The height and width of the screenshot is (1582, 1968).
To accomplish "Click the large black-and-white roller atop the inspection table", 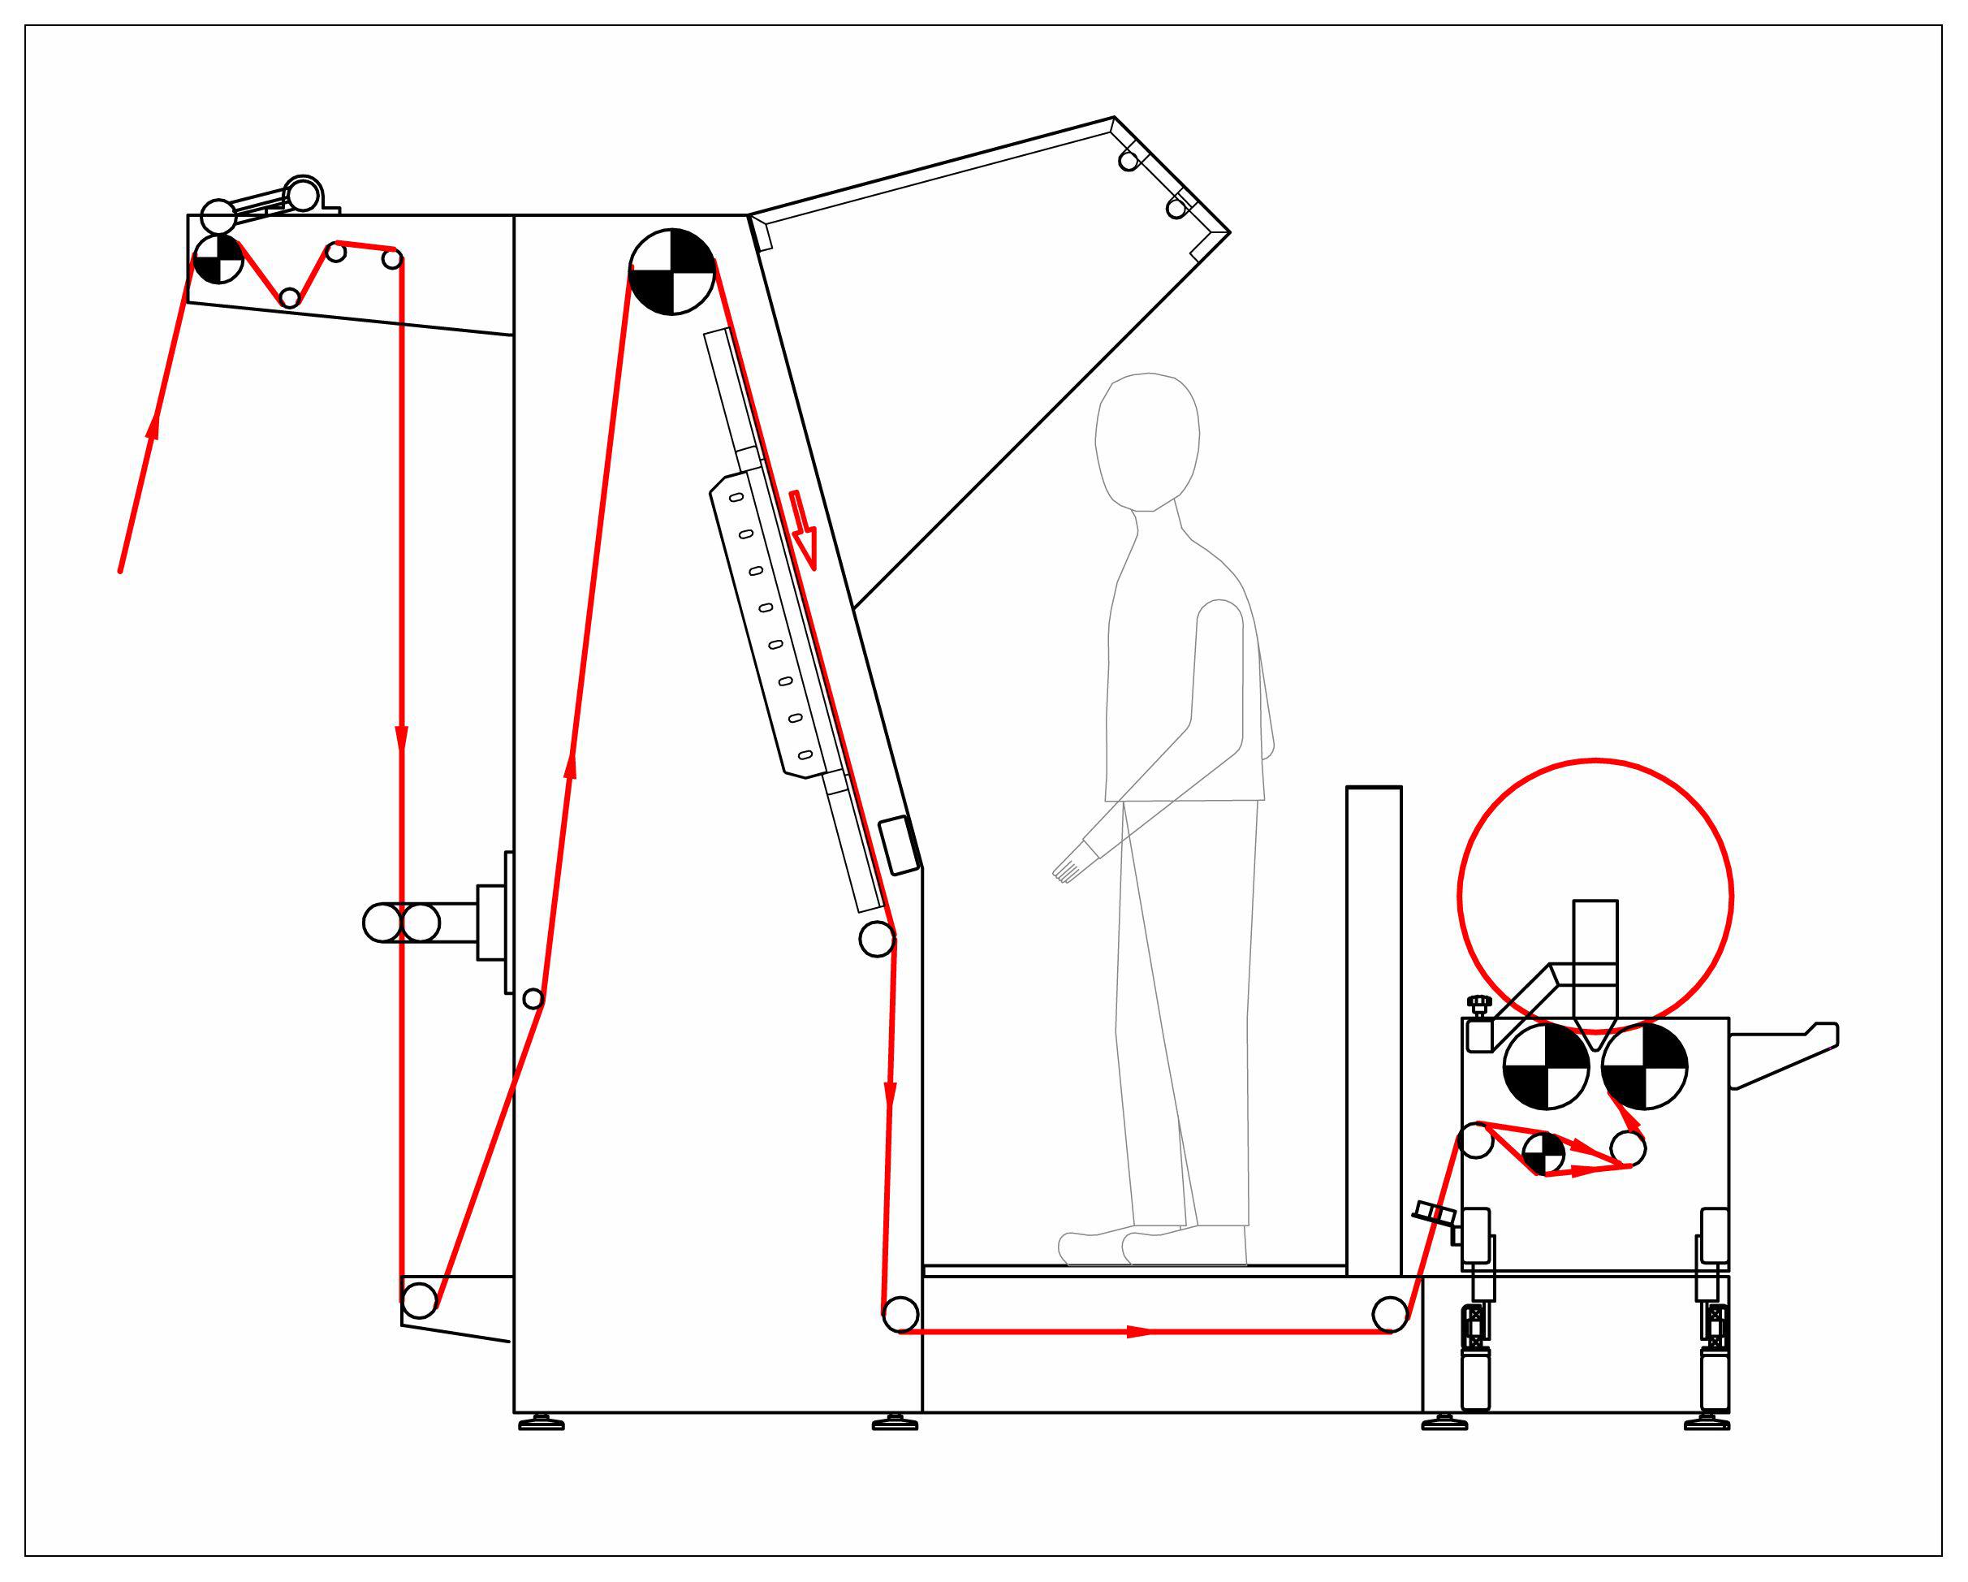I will coord(671,271).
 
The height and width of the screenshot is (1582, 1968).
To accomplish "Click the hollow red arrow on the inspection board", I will coord(803,530).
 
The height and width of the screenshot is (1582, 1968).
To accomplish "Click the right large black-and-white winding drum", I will coord(1644,1065).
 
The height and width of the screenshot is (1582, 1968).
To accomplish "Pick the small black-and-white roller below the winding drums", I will coord(1543,1154).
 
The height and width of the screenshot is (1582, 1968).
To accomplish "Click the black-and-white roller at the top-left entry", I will coord(218,259).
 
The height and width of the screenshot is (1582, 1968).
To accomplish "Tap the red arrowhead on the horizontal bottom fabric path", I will coord(1139,1332).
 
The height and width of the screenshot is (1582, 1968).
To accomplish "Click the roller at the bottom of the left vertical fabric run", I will coord(419,1300).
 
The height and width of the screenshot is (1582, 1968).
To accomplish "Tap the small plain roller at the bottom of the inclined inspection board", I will coord(876,940).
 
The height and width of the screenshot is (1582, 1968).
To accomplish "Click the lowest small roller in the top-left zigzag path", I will coord(289,297).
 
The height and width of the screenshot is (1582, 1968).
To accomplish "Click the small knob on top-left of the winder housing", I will coord(1479,1003).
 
